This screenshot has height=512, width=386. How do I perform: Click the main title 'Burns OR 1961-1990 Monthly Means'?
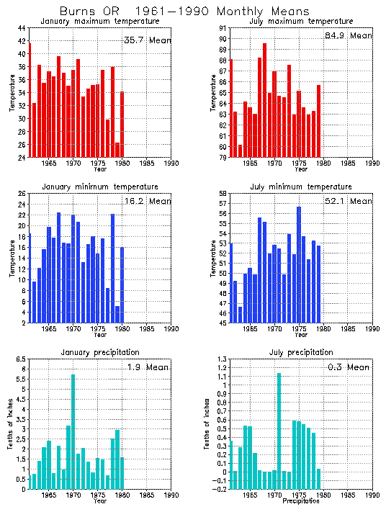(184, 12)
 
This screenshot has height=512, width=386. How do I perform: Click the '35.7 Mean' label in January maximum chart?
(147, 40)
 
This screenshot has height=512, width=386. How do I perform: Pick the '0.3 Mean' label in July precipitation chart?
(349, 367)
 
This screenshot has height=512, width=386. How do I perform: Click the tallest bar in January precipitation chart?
(73, 432)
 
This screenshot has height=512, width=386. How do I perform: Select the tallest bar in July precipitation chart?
(279, 432)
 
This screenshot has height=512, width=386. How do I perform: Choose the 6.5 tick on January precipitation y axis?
(21, 359)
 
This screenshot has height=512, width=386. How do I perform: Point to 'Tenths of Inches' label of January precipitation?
(12, 424)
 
